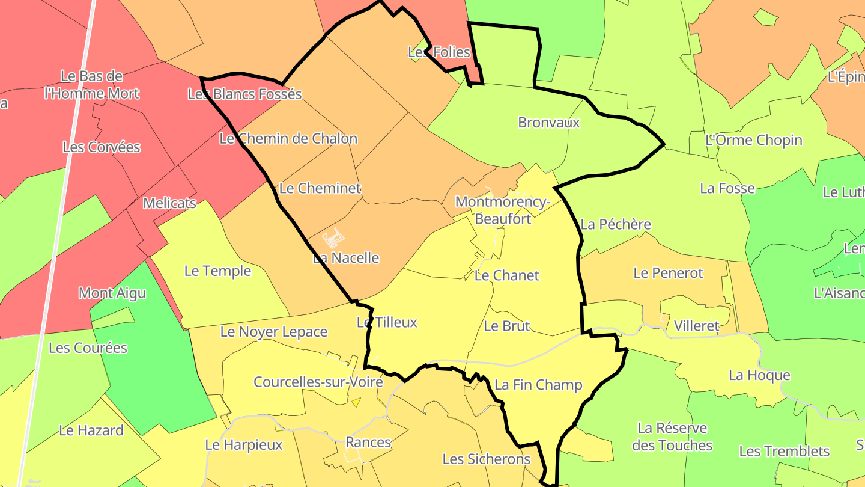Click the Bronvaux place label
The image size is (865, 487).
click(549, 123)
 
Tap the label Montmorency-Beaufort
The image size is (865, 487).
click(503, 210)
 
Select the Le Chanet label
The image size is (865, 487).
click(507, 275)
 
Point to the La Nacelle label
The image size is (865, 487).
click(346, 258)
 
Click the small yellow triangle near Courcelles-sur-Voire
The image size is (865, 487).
click(356, 403)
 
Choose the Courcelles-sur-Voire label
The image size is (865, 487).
click(318, 382)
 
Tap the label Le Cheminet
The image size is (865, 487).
click(320, 188)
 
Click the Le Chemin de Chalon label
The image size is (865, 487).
click(288, 138)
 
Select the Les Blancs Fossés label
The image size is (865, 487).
click(244, 94)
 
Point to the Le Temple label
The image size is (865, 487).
click(217, 271)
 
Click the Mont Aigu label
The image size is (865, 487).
click(112, 293)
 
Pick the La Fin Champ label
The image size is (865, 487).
click(538, 385)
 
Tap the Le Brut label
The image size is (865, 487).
click(506, 326)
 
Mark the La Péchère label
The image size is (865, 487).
click(616, 224)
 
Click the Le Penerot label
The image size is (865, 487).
click(668, 273)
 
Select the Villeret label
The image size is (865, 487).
click(696, 326)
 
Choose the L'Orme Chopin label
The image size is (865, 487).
click(754, 140)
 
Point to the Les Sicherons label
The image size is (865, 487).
click(487, 459)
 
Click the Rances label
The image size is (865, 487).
click(368, 443)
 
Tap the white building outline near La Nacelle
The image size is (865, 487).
click(333, 240)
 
